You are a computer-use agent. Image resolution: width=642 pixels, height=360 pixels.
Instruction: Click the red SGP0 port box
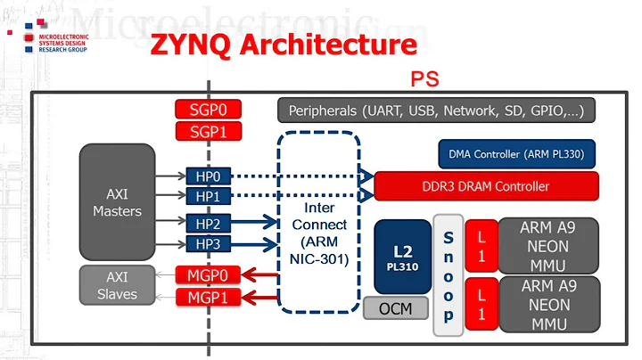207,110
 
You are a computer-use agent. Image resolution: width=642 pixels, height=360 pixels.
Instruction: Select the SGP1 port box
207,132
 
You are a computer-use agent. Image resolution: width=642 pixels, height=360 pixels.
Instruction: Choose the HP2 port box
208,224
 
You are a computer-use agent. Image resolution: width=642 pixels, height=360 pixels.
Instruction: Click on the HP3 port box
208,243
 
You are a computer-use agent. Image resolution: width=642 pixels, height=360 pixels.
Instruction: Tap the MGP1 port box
207,297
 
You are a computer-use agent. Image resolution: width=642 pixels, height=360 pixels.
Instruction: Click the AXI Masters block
117,201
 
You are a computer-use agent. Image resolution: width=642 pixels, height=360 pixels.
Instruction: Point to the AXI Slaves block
117,285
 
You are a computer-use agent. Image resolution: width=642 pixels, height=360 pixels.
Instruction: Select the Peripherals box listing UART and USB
436,111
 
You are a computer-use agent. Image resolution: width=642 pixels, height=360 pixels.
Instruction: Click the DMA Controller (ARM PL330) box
516,153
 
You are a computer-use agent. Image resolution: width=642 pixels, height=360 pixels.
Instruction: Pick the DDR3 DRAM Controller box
486,186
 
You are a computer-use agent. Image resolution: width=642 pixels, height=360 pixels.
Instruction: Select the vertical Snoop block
448,275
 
